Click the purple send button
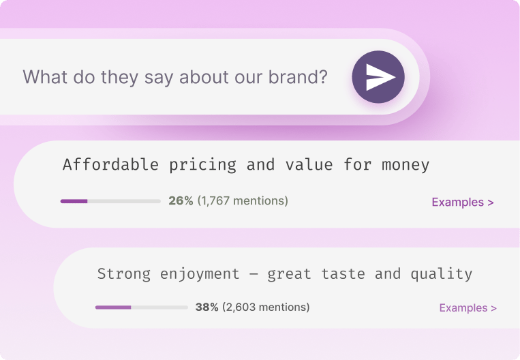click(378, 77)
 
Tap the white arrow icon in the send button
click(380, 77)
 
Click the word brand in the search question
click(301, 77)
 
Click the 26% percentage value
click(181, 201)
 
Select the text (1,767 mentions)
click(243, 201)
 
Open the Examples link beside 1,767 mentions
click(463, 202)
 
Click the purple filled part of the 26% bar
click(74, 201)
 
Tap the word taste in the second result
click(338, 274)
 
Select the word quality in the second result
click(441, 274)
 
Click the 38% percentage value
click(207, 307)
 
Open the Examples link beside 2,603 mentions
click(468, 308)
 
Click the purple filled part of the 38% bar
click(112, 307)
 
